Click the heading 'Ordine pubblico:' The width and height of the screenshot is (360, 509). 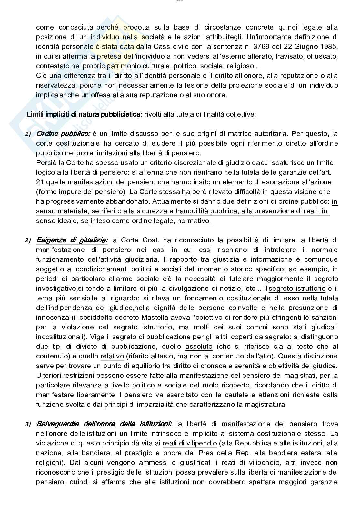click(64, 133)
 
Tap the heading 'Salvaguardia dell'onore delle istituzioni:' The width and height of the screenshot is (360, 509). click(104, 424)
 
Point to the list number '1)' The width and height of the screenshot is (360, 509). click(28, 134)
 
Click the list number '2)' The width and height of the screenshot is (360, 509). click(28, 240)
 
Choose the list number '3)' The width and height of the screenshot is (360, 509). click(28, 424)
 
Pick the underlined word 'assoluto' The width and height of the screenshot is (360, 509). click(199, 346)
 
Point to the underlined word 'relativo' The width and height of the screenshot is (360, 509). click(112, 356)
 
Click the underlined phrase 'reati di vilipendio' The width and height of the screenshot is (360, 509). click(190, 443)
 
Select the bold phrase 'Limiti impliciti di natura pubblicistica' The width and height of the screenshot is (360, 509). click(84, 114)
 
